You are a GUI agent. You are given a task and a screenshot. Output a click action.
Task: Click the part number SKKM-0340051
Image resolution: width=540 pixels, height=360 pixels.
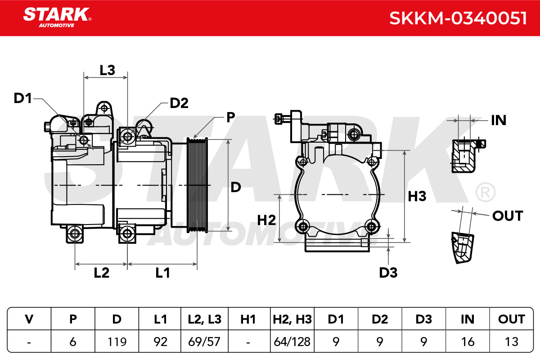pyautogui.click(x=458, y=18)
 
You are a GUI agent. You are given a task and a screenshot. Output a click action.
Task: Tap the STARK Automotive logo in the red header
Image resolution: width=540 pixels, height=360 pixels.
pyautogui.click(x=57, y=18)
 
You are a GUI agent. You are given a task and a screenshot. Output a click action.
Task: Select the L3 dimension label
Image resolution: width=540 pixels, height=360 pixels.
pyautogui.click(x=107, y=70)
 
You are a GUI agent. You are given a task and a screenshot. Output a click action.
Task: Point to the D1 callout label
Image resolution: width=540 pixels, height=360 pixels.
pyautogui.click(x=22, y=99)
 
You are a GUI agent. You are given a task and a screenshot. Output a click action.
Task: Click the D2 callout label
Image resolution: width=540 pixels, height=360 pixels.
pyautogui.click(x=179, y=103)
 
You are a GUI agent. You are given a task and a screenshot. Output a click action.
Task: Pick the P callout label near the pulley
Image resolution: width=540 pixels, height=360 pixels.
pyautogui.click(x=230, y=117)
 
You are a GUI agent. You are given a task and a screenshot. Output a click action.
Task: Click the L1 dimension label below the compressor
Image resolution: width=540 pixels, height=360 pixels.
pyautogui.click(x=162, y=273)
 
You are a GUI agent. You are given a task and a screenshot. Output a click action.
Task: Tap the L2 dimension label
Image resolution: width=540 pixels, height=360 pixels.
pyautogui.click(x=102, y=273)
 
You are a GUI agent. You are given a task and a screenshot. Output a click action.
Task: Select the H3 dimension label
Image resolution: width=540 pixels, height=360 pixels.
pyautogui.click(x=417, y=196)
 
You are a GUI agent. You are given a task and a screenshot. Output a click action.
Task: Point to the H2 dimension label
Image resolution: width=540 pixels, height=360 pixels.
pyautogui.click(x=266, y=220)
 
